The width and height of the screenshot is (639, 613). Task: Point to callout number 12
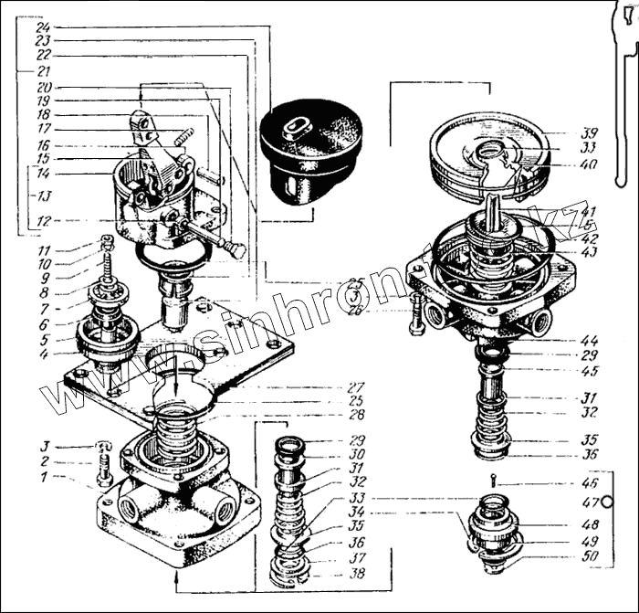coord(44,219)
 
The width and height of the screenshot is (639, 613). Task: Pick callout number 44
coord(590,340)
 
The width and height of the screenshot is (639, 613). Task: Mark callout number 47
coord(590,502)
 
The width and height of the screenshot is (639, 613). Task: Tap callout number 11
coord(44,249)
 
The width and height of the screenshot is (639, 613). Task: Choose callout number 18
coord(44,115)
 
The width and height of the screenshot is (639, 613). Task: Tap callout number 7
coord(44,309)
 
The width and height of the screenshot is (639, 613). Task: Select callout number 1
coord(44,476)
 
